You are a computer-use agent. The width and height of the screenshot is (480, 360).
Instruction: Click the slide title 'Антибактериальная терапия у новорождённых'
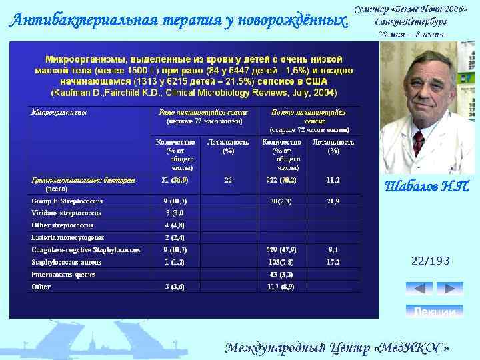pyautogui.click(x=179, y=20)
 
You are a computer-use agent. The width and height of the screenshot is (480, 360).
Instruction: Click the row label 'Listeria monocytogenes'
pyautogui.click(x=67, y=237)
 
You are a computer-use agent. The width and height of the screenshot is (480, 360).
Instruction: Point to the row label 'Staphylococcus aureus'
pyautogui.click(x=66, y=262)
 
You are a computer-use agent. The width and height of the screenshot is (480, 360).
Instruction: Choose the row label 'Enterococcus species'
pyautogui.click(x=64, y=274)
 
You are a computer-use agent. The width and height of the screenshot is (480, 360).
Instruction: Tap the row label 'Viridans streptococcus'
pyautogui.click(x=67, y=213)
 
